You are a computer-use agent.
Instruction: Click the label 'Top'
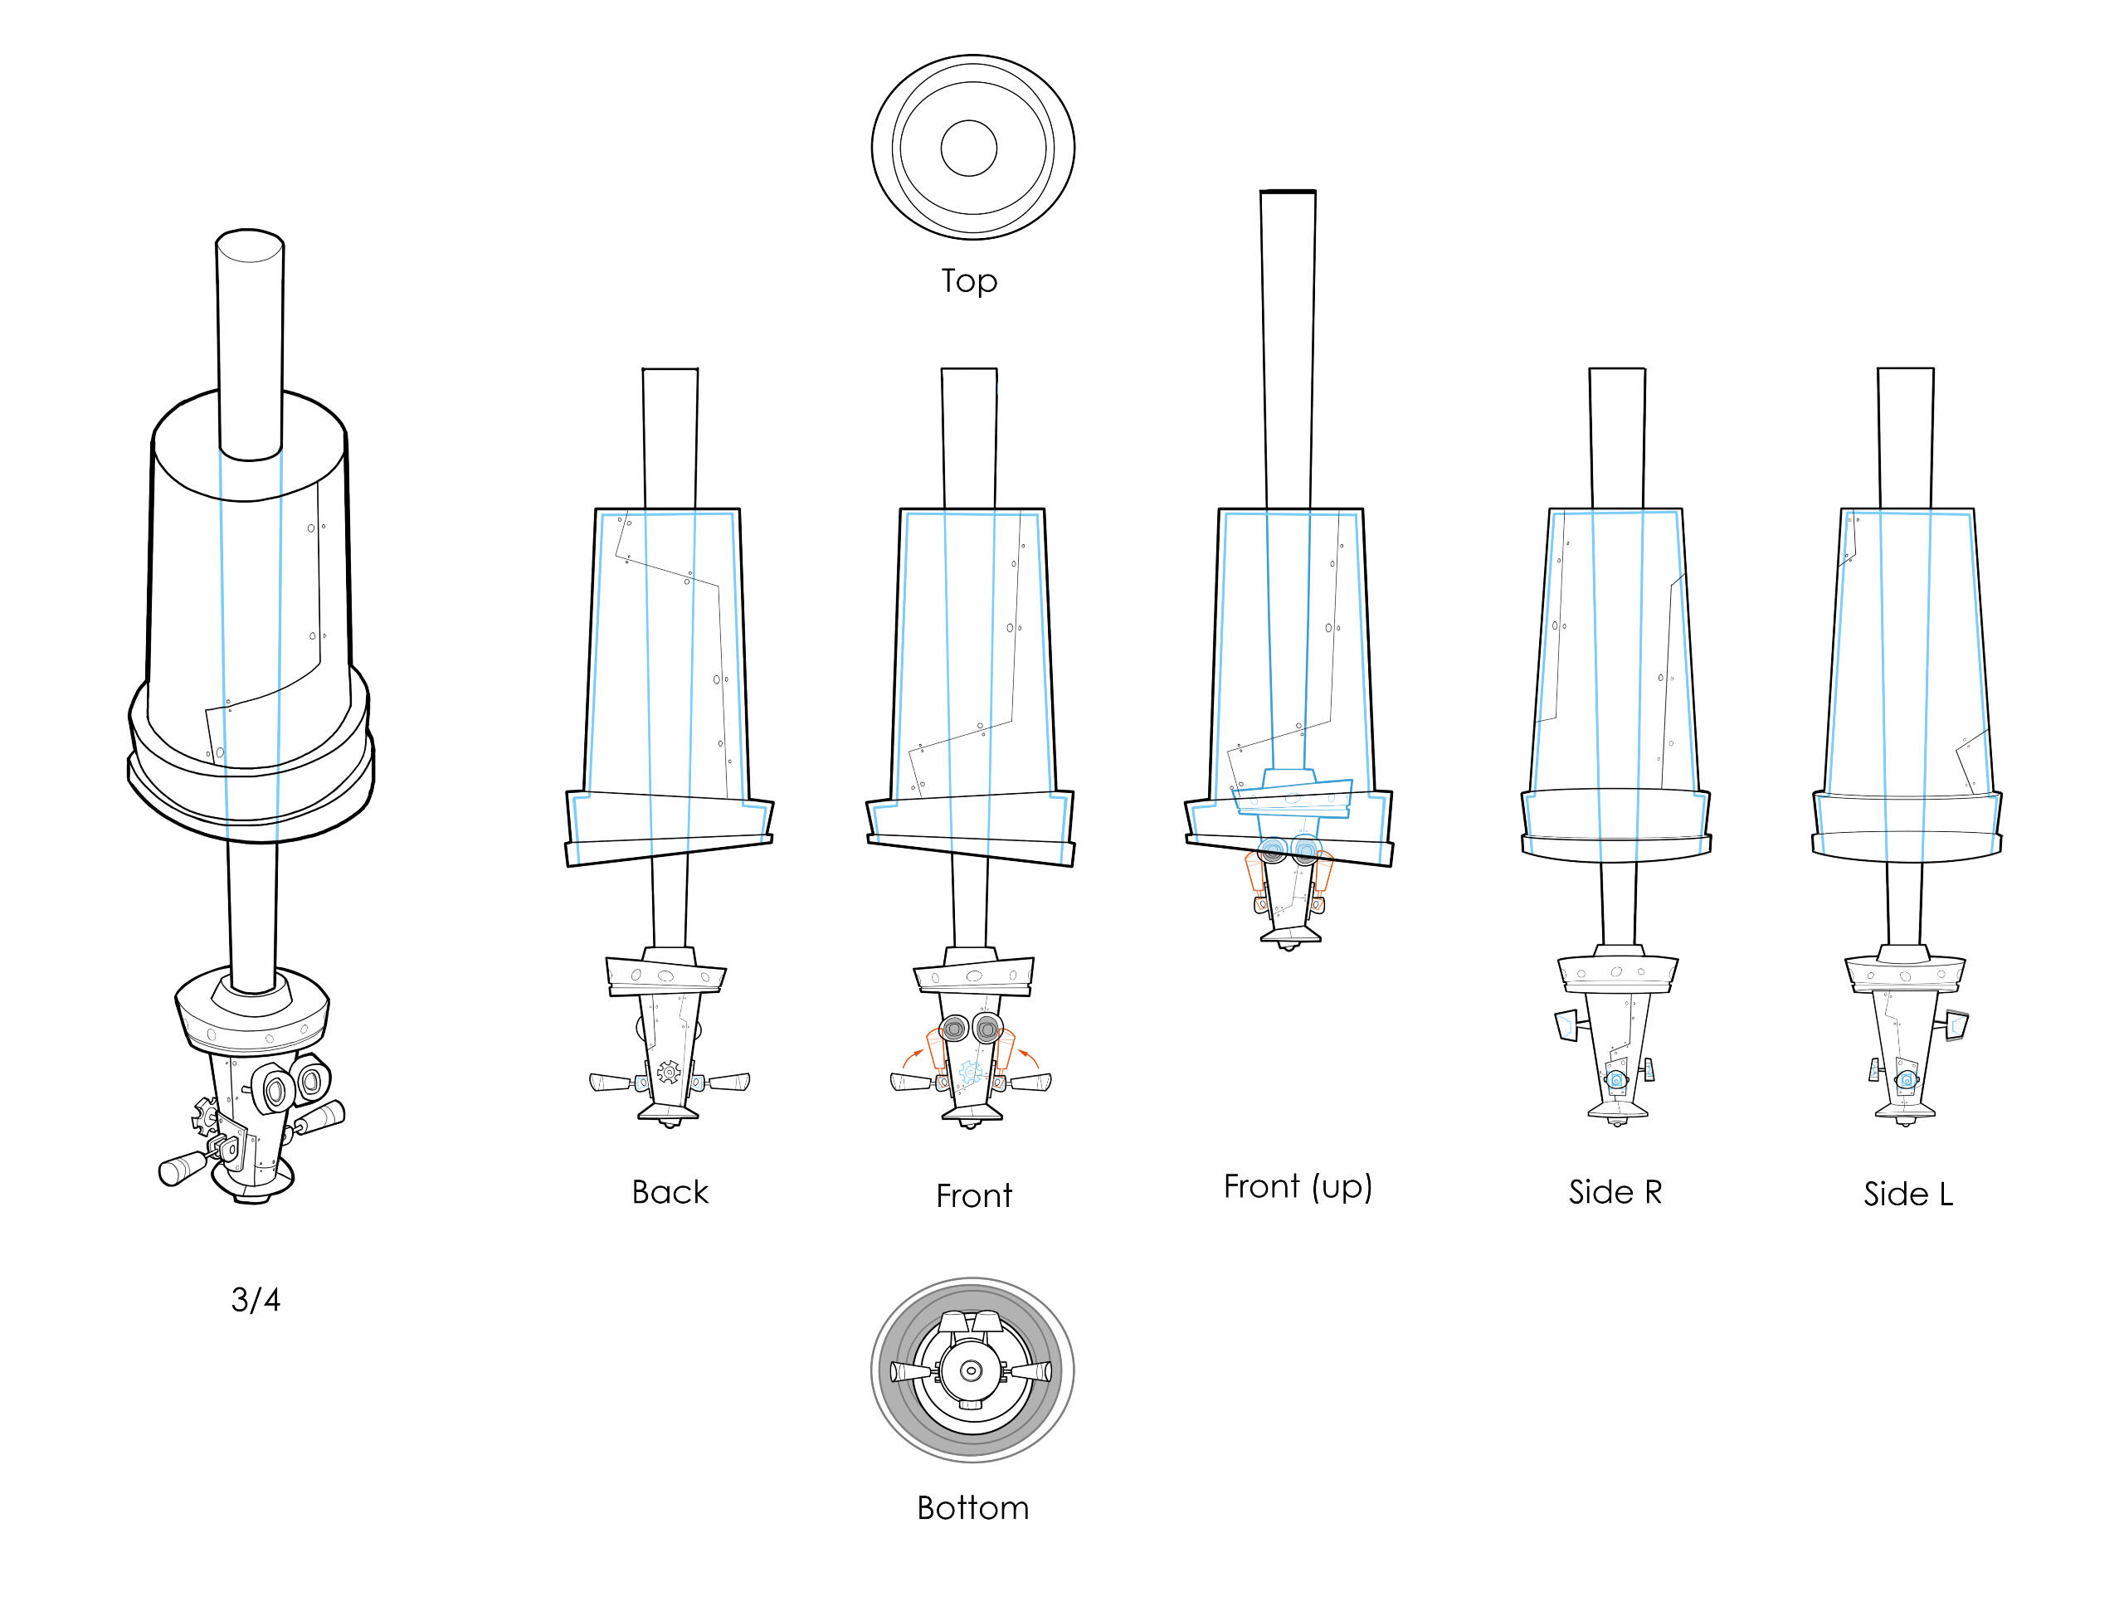click(x=969, y=280)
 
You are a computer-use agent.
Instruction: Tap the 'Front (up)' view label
click(x=1298, y=1187)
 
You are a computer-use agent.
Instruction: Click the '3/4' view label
click(x=256, y=1300)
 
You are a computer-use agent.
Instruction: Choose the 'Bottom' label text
click(x=972, y=1508)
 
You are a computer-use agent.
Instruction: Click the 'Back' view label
click(x=670, y=1192)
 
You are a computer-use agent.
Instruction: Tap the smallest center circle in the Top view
click(x=969, y=148)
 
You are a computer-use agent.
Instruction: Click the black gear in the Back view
click(x=668, y=1072)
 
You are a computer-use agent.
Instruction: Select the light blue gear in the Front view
click(x=970, y=1073)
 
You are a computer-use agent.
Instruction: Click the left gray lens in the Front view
click(x=954, y=1029)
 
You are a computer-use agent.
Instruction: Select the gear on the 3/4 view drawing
click(x=206, y=1116)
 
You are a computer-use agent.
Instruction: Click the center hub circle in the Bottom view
click(x=971, y=1370)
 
